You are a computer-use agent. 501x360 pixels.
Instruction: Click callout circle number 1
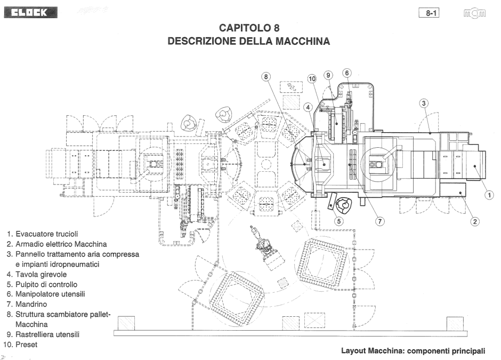click(489, 195)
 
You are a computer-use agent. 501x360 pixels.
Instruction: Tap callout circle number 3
click(424, 103)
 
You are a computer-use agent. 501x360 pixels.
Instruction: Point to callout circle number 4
click(308, 107)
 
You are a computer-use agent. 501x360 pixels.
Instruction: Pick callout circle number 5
click(339, 220)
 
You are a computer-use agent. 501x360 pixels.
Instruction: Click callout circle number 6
click(346, 73)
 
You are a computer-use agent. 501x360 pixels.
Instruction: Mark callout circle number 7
click(379, 221)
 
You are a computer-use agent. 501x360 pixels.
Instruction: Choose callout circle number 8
click(266, 76)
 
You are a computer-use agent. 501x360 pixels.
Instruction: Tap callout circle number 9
click(329, 75)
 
